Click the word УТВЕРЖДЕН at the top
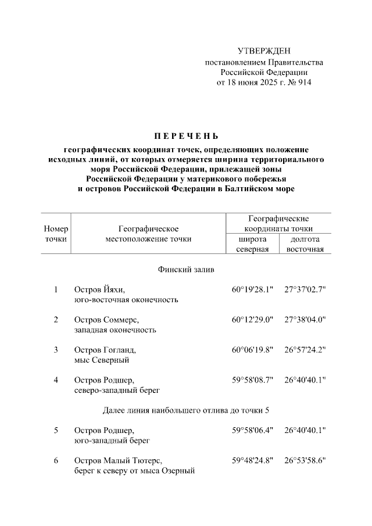coord(263,52)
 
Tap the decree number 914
coord(303,83)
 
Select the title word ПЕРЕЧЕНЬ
coord(185,138)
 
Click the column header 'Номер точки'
coord(56,234)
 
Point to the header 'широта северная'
coord(252,244)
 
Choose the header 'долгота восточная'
coord(305,244)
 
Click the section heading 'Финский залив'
coord(185,270)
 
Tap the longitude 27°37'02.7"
coord(305,289)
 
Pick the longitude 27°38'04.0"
coord(305,320)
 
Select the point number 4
coord(56,380)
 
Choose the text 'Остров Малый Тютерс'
coord(118,461)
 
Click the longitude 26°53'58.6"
coord(305,461)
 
